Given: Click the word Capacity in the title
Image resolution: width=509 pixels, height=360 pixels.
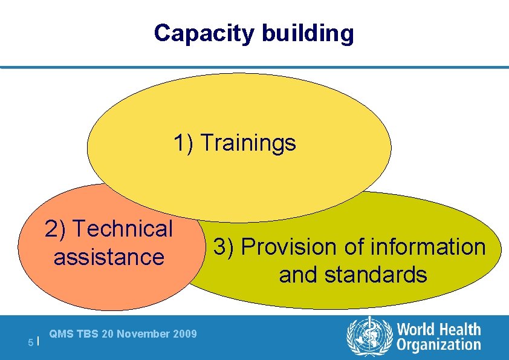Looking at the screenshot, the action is click(x=204, y=33).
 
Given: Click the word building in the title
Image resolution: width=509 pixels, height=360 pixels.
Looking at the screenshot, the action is click(x=308, y=33).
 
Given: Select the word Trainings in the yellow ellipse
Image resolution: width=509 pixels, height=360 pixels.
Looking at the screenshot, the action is click(x=248, y=143).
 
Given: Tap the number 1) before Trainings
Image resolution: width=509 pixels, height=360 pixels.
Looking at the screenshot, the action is click(x=183, y=142).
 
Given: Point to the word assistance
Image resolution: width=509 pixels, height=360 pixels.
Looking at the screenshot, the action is click(x=109, y=257).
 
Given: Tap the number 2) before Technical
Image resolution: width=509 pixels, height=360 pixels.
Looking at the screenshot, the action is click(x=55, y=228).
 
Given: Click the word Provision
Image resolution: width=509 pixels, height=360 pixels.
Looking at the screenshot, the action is click(x=289, y=247).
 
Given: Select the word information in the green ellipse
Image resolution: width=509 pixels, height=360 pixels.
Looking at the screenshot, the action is click(x=428, y=246).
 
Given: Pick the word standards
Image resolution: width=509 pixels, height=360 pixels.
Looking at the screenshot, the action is click(x=375, y=274).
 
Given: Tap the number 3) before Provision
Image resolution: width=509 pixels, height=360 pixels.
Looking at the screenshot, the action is click(x=223, y=247).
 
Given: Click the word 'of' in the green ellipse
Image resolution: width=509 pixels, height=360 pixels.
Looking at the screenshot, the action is click(x=354, y=246).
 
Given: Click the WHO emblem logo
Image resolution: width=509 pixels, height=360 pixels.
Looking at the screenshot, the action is click(x=369, y=336).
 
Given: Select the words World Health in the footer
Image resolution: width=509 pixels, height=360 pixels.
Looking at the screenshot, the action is click(x=439, y=329).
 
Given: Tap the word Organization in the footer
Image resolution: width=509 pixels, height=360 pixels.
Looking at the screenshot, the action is click(x=439, y=345).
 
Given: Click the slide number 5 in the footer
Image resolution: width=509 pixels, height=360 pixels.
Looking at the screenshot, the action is click(x=30, y=342).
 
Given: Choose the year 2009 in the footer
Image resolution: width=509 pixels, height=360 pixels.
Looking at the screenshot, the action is click(x=185, y=334).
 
